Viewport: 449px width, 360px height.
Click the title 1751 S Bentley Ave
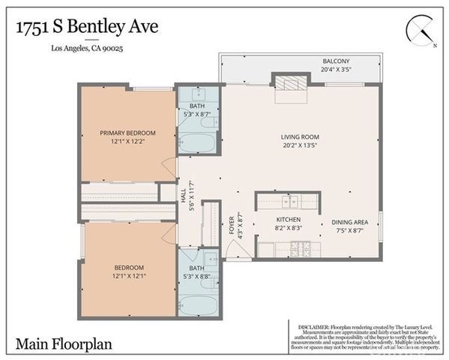(87, 27)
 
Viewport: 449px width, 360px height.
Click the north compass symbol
(421, 31)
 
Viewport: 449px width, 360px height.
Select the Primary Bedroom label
(127, 133)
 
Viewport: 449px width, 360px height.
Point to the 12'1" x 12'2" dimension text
(127, 142)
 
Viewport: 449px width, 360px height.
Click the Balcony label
(336, 61)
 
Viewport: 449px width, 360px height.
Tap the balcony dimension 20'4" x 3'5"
(336, 69)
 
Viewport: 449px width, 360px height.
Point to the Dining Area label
(349, 223)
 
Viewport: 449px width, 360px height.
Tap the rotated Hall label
(184, 195)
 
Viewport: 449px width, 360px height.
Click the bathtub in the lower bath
(198, 305)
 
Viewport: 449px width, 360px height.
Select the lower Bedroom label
(129, 267)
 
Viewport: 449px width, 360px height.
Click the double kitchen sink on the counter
(289, 201)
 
